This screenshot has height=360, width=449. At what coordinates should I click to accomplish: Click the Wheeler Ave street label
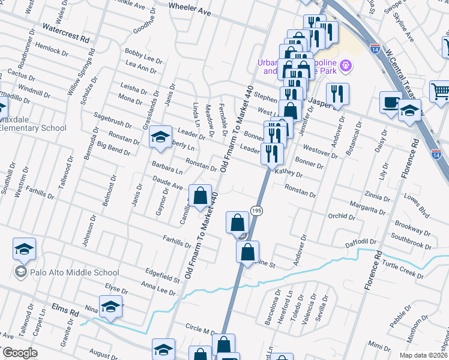coord(190,11)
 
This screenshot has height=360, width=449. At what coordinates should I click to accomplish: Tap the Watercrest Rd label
coord(66,32)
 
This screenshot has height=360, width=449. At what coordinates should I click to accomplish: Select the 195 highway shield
coord(256,211)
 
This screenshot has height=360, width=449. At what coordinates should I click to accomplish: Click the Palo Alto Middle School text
coord(67,272)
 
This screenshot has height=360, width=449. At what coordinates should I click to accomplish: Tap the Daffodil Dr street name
coord(360,242)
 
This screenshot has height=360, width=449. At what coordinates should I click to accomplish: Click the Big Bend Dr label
coord(113,149)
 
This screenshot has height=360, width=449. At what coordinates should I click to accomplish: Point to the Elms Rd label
coord(65,313)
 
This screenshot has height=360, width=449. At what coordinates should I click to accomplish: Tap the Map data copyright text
coord(423,355)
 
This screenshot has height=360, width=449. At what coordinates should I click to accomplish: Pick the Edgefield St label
coord(160,275)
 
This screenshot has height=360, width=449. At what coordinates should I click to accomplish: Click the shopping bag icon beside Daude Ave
coord(202,195)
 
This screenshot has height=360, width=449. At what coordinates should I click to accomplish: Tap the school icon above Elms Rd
coord(110,307)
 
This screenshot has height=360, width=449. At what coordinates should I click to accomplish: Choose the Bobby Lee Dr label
coord(143,58)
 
